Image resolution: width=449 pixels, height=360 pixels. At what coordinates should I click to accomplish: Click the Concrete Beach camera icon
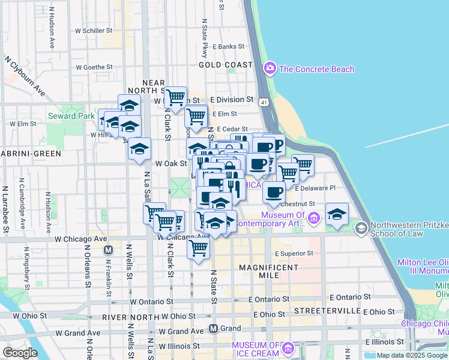(270, 68)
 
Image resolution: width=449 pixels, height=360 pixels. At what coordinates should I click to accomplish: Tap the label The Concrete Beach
(316, 69)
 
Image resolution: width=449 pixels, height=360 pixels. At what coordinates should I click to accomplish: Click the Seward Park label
(70, 116)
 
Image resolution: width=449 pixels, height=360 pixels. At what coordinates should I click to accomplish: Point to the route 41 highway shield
(264, 103)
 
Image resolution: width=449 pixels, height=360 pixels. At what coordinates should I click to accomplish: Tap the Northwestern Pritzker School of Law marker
(361, 227)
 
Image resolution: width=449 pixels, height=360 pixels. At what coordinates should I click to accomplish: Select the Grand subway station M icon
(213, 328)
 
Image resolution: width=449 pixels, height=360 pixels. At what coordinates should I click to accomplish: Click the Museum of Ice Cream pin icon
(288, 348)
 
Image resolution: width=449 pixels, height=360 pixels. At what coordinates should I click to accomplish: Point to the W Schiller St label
(94, 30)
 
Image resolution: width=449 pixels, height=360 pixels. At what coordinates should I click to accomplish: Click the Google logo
(19, 353)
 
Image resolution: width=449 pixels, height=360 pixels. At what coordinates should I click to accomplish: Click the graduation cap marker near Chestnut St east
(337, 214)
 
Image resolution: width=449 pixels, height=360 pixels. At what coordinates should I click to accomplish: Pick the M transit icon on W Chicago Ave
(109, 250)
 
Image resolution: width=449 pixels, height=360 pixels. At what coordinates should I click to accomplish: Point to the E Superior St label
(294, 254)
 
